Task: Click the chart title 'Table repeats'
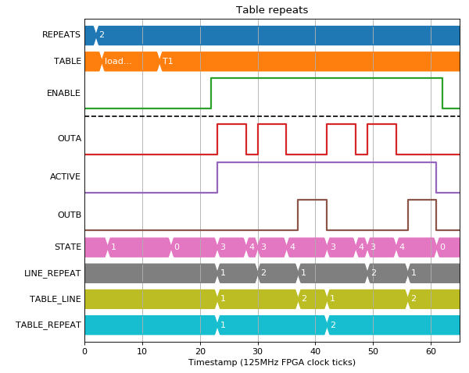coord(272,10)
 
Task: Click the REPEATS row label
coord(61,34)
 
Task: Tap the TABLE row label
coord(67,61)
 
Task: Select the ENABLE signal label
coord(64,93)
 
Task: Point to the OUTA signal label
coord(70,139)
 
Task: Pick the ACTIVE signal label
coord(65,177)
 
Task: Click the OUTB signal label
coord(70,215)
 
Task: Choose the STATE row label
coord(68,247)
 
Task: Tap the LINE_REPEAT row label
coord(52,273)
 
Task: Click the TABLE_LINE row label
coord(55,299)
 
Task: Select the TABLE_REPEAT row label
coord(48,325)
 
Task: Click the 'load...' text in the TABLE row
coord(118,61)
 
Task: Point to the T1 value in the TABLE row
coord(168,61)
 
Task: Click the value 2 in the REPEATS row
coord(102,34)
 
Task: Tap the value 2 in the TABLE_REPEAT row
coord(334,325)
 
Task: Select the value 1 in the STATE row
coord(113,247)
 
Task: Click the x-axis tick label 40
coord(315,351)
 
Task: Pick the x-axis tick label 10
coord(142,351)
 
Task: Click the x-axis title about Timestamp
coord(272,363)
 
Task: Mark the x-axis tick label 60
coord(431,351)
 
